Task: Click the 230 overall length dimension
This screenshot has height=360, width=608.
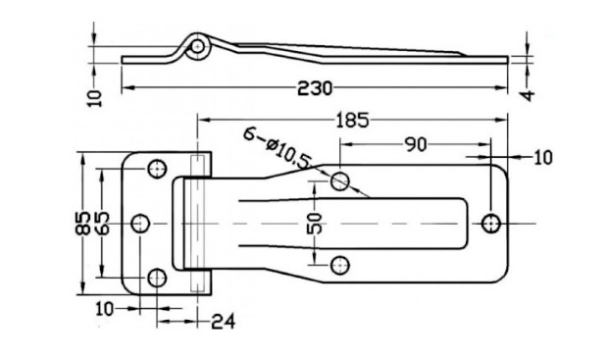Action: click(315, 88)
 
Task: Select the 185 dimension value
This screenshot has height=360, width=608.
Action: click(352, 121)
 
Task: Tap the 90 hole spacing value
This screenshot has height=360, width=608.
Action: click(416, 144)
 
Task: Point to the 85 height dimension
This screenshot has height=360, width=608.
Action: click(82, 224)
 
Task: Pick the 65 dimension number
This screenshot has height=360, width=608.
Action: click(102, 224)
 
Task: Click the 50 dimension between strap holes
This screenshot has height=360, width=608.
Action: click(315, 223)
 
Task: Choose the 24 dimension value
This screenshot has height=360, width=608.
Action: click(224, 322)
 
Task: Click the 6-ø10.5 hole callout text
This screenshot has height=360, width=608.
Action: click(279, 148)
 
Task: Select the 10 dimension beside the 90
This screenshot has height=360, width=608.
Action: click(543, 158)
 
